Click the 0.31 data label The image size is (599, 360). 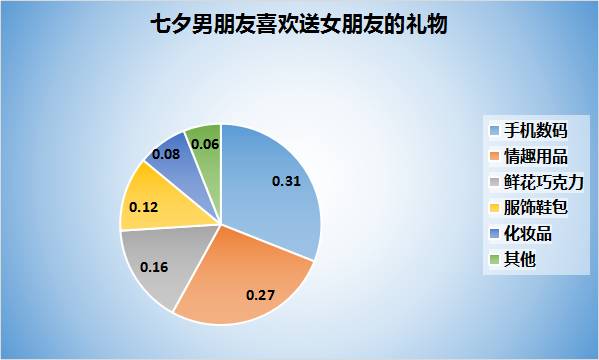pyautogui.click(x=286, y=181)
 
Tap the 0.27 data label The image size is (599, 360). pyautogui.click(x=260, y=295)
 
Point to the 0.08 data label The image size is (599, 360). pyautogui.click(x=165, y=154)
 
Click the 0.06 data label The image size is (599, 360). pyautogui.click(x=205, y=145)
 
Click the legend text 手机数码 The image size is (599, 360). pyautogui.click(x=535, y=131)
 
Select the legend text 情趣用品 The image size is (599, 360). pyautogui.click(x=535, y=156)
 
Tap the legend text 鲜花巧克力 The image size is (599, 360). pyautogui.click(x=543, y=182)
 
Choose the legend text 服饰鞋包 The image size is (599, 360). pyautogui.click(x=535, y=208)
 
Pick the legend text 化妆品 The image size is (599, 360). pyautogui.click(x=527, y=234)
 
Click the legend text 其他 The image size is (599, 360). pyautogui.click(x=519, y=260)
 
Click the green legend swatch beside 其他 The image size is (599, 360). pyautogui.click(x=494, y=260)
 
